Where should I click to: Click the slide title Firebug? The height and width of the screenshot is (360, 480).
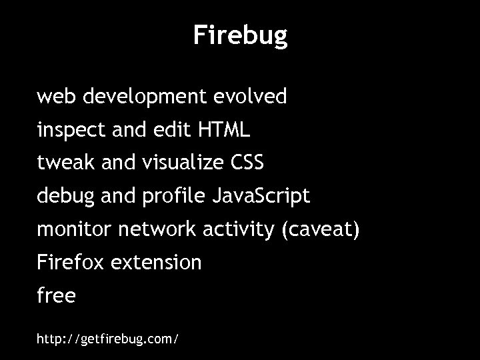coord(240,35)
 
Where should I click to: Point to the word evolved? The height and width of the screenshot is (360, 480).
coord(250,97)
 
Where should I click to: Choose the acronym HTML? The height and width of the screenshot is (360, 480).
coord(224,130)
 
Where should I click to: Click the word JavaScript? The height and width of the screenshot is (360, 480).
coord(261,197)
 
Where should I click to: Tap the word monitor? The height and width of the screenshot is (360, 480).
coord(75,230)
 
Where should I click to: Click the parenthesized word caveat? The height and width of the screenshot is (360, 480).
coord(321,231)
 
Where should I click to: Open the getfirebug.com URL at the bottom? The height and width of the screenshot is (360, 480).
coord(107,339)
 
